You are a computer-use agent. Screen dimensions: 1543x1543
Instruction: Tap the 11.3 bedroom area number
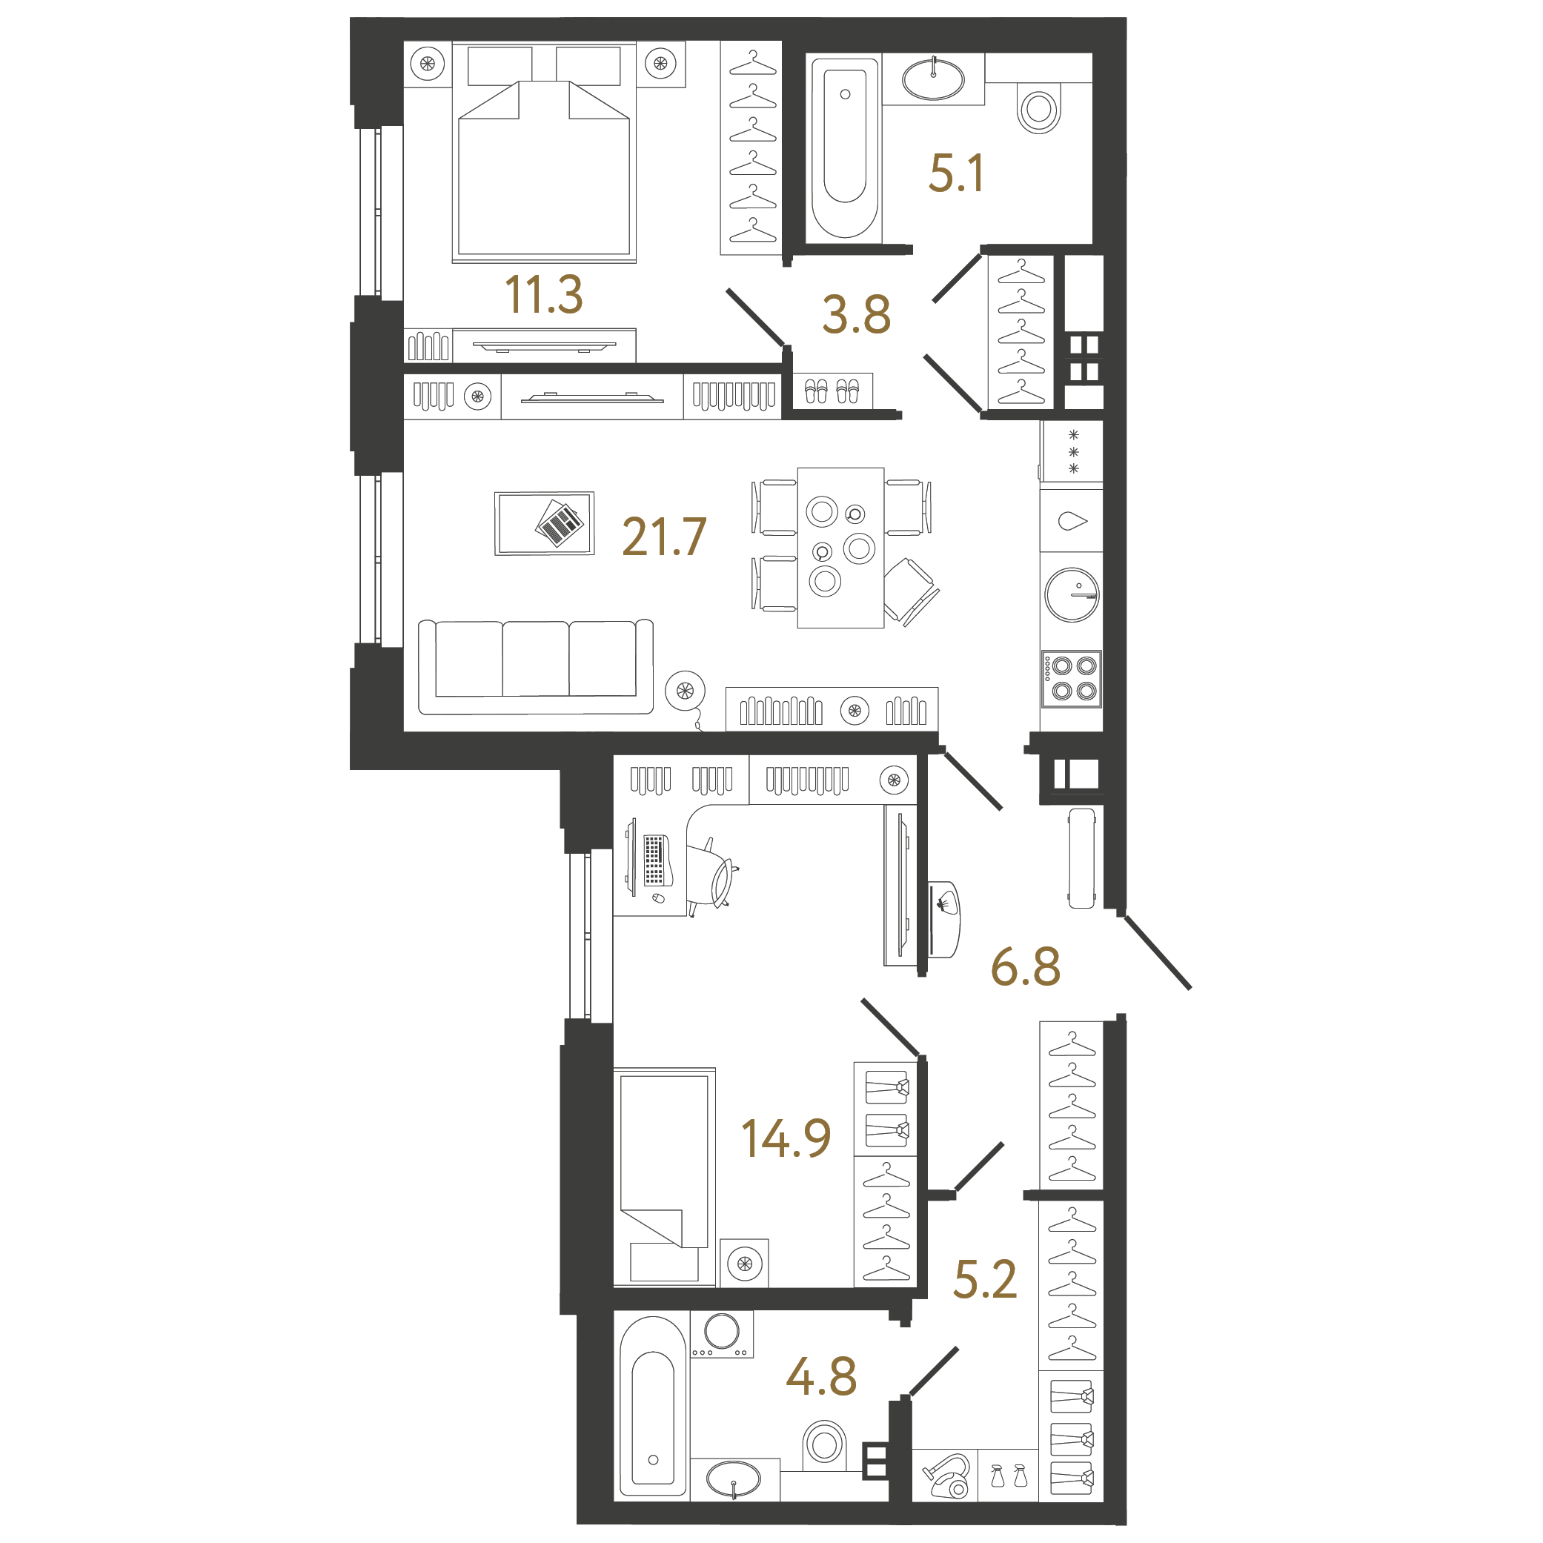click(543, 295)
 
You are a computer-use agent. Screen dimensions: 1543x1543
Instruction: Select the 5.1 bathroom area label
click(956, 173)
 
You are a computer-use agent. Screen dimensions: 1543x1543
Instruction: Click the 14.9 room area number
click(786, 1138)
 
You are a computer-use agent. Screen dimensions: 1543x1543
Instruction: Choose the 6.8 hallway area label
click(1026, 966)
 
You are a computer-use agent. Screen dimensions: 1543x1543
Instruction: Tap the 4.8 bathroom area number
click(821, 1377)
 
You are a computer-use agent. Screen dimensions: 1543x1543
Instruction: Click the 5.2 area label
click(985, 1278)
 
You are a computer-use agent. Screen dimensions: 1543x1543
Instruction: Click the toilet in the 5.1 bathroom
click(1038, 109)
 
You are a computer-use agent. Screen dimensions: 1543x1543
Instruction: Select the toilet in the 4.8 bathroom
click(823, 1444)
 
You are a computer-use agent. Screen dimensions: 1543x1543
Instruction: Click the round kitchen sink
click(1072, 595)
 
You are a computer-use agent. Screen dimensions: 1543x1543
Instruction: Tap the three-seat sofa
click(536, 667)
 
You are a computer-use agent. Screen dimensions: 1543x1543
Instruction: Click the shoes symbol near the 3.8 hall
click(832, 391)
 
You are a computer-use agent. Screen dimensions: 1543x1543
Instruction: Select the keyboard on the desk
click(654, 860)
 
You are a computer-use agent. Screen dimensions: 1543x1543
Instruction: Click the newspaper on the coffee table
click(560, 523)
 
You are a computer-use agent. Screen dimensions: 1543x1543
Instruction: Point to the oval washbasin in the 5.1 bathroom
click(933, 79)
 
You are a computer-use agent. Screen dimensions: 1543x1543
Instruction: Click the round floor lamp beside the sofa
click(685, 690)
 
